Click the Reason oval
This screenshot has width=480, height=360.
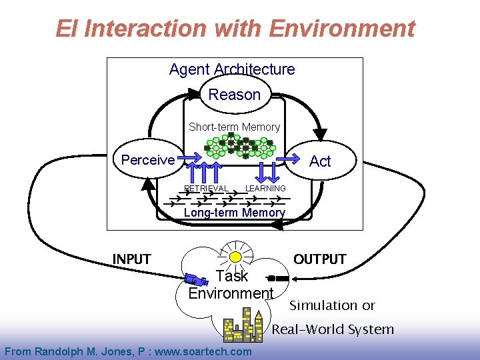(x=235, y=95)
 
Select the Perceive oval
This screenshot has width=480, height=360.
(x=148, y=160)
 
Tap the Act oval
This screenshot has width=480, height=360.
(x=320, y=161)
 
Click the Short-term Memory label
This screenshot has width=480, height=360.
(x=234, y=127)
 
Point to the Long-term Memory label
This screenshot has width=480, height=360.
(x=234, y=213)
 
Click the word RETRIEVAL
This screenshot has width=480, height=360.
(x=206, y=189)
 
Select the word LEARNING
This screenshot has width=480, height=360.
(x=265, y=189)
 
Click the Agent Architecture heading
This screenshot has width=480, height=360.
(x=232, y=69)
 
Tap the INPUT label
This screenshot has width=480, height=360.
(x=131, y=259)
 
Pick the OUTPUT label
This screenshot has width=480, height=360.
(x=320, y=259)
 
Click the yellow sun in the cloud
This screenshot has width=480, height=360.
(x=235, y=257)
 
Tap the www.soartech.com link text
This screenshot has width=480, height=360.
(x=212, y=351)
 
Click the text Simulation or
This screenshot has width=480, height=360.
(x=332, y=305)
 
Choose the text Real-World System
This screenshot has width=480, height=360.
(x=332, y=329)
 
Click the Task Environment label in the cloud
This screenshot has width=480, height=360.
(x=231, y=285)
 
